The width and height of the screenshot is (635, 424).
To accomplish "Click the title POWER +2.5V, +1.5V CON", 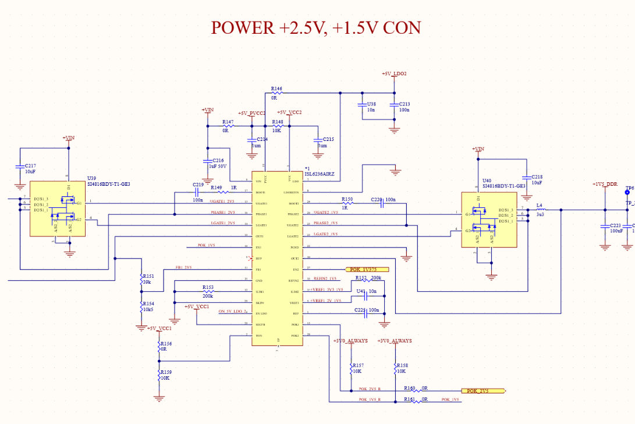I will pyautogui.click(x=315, y=27).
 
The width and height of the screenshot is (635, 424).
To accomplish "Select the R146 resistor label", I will pyautogui.click(x=276, y=89).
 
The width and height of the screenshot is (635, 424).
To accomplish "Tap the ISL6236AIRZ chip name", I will pyautogui.click(x=320, y=174).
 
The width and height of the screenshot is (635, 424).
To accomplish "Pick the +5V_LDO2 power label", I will pyautogui.click(x=394, y=74).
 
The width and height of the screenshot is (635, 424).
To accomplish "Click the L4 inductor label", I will pyautogui.click(x=540, y=206).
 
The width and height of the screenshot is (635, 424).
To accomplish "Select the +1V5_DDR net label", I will pyautogui.click(x=605, y=184).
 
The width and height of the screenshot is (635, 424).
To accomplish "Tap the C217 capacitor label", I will pyautogui.click(x=30, y=165).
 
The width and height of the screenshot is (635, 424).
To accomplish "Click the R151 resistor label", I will pyautogui.click(x=148, y=276).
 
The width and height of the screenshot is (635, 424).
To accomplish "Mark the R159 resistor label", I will pyautogui.click(x=166, y=372).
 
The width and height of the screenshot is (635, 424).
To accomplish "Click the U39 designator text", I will pyautogui.click(x=92, y=178).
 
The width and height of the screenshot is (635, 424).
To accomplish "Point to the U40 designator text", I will pyautogui.click(x=487, y=181).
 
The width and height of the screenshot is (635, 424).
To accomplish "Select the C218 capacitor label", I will pyautogui.click(x=537, y=176).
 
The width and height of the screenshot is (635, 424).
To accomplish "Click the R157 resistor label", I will pyautogui.click(x=358, y=365).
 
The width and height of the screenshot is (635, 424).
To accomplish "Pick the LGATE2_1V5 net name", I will pyautogui.click(x=326, y=234).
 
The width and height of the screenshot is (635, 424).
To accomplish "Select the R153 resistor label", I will pyautogui.click(x=208, y=287).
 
